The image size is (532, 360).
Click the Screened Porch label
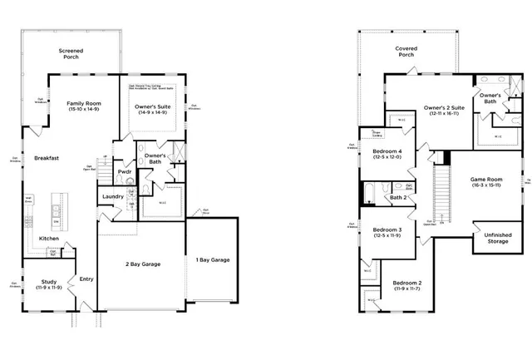point(71,55)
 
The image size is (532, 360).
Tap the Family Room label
point(84,106)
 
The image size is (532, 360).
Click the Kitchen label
point(49,239)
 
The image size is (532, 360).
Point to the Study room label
point(48,284)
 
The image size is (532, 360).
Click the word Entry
point(86,279)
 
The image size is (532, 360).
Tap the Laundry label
point(112,196)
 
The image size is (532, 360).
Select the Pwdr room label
point(125,172)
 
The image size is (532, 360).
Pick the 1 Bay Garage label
point(213,259)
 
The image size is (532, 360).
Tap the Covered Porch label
point(406,52)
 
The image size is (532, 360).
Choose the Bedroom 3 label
point(387,232)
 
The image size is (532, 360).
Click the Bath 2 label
point(398,198)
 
